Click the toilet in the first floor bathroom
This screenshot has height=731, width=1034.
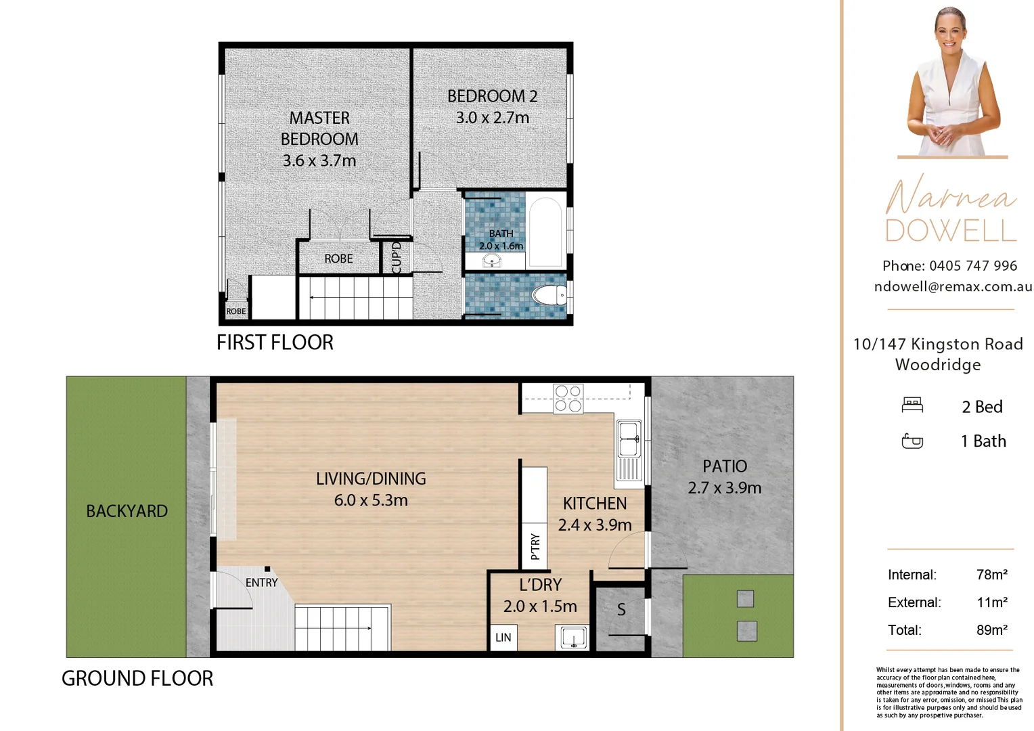click(x=549, y=294)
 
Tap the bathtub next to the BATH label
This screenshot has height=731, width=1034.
click(x=545, y=231)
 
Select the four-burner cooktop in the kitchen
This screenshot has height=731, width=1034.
click(x=568, y=399)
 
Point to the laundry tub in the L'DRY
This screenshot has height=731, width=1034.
click(x=573, y=638)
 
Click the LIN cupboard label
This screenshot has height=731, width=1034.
click(x=503, y=638)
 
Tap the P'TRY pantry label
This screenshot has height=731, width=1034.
click(x=535, y=546)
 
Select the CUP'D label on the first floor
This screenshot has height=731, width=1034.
click(x=396, y=258)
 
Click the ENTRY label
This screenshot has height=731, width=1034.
click(x=261, y=583)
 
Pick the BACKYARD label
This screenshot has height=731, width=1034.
click(x=127, y=511)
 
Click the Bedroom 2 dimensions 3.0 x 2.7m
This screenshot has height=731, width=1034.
click(x=493, y=118)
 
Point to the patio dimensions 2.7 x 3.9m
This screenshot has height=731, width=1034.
click(x=724, y=488)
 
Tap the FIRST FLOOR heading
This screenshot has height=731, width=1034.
click(x=275, y=342)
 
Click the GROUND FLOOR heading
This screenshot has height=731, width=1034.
click(x=137, y=678)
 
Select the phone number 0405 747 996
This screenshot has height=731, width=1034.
click(x=973, y=266)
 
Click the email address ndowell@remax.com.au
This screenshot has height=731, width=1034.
click(x=953, y=287)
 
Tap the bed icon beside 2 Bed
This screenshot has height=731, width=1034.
click(x=912, y=405)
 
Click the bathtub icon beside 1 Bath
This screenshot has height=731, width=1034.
click(x=912, y=441)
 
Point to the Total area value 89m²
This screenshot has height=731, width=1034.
click(x=992, y=630)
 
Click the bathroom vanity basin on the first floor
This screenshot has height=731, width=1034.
click(x=492, y=261)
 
